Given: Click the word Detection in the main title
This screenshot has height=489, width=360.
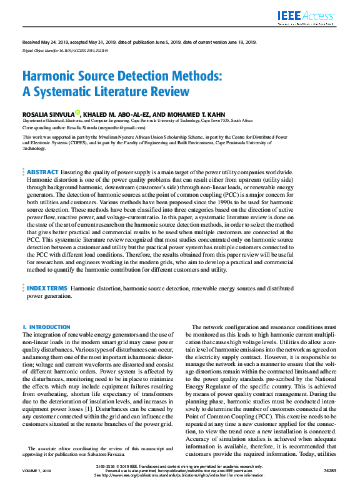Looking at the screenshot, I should click(134, 77).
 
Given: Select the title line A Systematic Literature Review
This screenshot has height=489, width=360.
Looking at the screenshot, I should click(106, 92).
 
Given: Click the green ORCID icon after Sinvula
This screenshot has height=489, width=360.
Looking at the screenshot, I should click(77, 113).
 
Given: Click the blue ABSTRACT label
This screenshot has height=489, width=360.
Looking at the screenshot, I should click(42, 154).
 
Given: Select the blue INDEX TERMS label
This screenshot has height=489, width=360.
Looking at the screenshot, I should click(47, 289).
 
